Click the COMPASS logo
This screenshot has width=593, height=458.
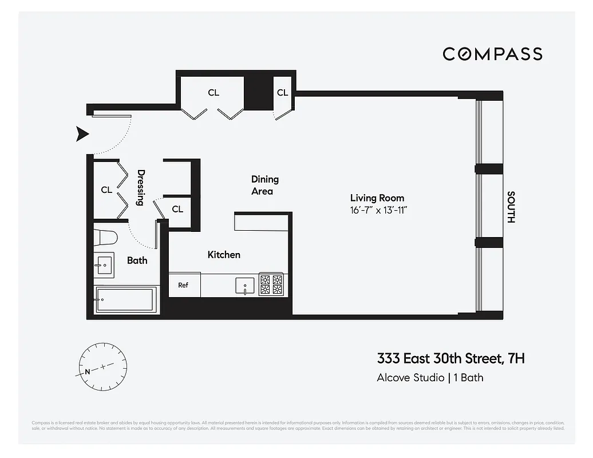492,54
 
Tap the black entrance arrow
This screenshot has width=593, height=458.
84,135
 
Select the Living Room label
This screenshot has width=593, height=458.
377,198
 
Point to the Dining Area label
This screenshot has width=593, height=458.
264,185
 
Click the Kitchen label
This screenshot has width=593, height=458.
224,255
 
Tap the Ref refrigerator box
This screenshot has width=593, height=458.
183,285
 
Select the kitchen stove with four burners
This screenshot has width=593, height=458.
271,285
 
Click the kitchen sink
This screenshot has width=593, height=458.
244,285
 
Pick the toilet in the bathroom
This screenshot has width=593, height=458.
106,237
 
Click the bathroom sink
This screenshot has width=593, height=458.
104,264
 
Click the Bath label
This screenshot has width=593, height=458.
137,260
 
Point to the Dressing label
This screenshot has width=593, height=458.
140,188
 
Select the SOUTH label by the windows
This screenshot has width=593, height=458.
511,207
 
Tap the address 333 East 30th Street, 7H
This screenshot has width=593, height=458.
450,359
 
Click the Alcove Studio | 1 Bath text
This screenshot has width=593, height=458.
430,378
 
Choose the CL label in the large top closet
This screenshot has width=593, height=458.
214,92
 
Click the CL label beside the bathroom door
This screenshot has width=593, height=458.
177,209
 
